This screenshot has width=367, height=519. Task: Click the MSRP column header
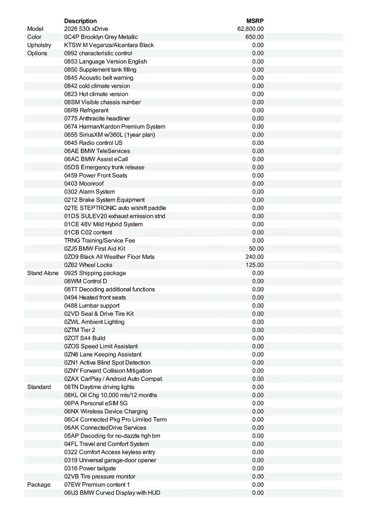tap(255, 21)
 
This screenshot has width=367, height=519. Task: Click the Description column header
tap(80, 21)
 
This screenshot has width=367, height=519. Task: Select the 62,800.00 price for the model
tap(251, 29)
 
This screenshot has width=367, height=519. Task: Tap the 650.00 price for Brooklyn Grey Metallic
tap(254, 37)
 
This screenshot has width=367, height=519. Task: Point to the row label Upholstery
tap(39, 45)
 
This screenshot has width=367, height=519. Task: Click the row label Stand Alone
tap(43, 273)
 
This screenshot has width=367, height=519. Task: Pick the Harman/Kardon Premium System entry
tap(115, 127)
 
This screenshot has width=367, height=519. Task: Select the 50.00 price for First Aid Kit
tap(256, 249)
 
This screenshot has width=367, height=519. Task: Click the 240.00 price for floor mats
tap(254, 257)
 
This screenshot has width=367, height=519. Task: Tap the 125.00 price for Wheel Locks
tap(254, 265)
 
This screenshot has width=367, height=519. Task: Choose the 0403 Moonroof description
tap(84, 184)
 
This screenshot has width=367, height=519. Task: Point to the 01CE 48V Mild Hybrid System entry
tap(103, 224)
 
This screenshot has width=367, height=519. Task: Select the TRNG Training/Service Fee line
tap(100, 240)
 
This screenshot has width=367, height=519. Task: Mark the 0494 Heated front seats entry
tap(95, 298)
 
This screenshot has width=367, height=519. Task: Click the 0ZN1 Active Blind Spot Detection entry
tap(107, 363)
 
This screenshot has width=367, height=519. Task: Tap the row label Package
tap(39, 485)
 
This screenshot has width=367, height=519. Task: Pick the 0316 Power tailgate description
tap(90, 468)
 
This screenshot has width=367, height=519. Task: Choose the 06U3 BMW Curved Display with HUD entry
tap(112, 493)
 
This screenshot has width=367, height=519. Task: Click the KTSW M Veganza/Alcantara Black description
tap(109, 45)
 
